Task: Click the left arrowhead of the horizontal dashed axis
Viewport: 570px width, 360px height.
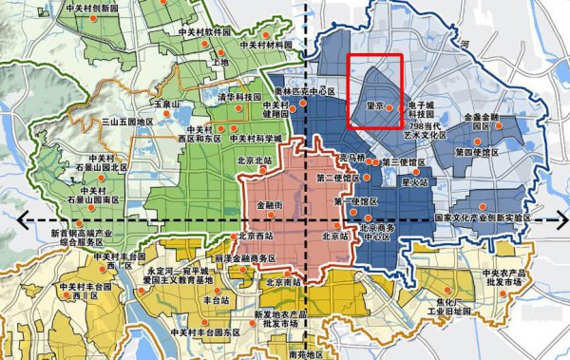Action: coord(22,219)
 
